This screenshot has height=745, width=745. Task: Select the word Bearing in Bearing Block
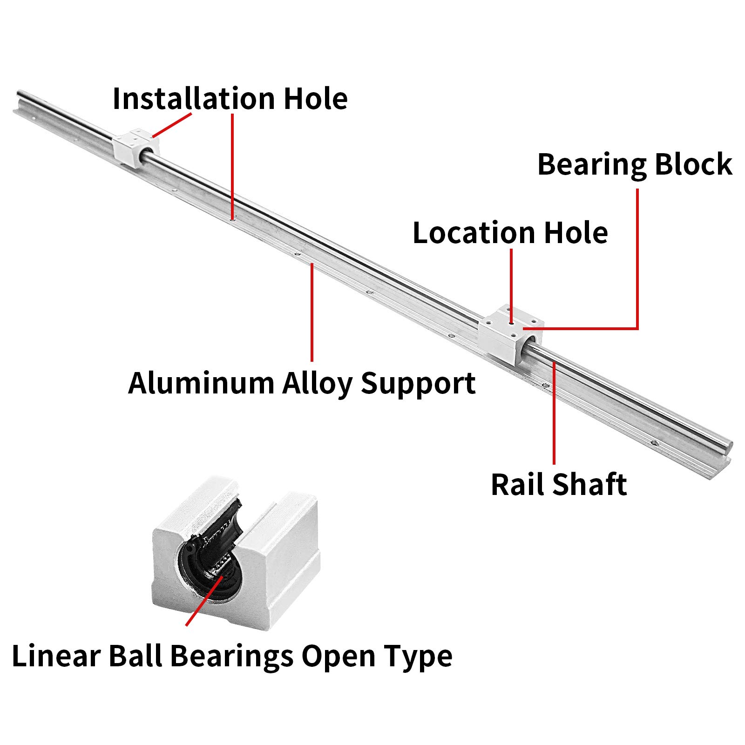point(591,165)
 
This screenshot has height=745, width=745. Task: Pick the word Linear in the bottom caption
point(56,656)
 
